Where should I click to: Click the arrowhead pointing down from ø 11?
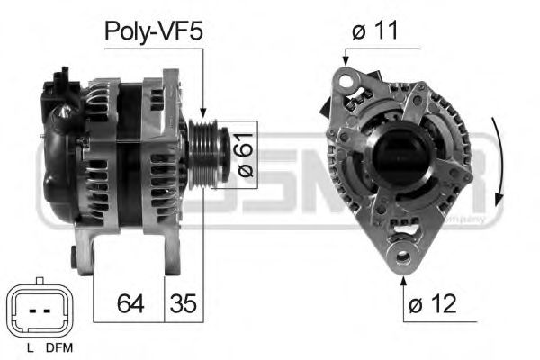[x=344, y=61]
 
